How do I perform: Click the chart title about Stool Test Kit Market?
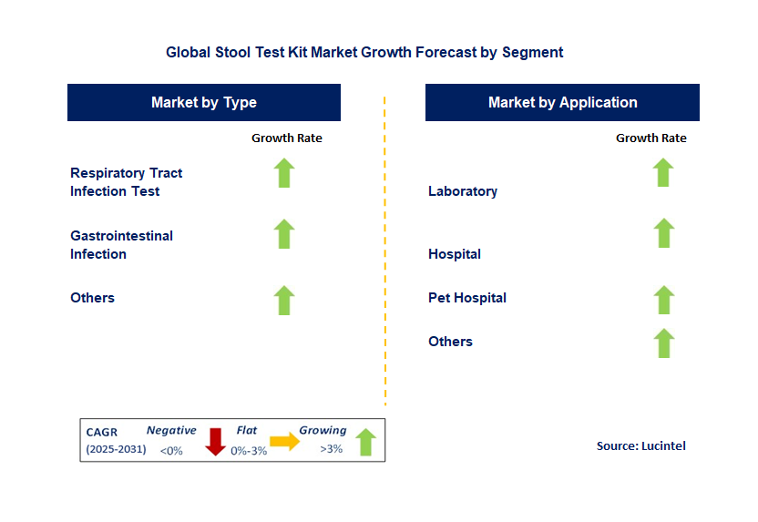pos(364,52)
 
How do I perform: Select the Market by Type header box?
pos(204,102)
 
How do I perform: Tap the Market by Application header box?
pos(562,102)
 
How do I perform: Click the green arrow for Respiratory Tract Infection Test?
pos(284,172)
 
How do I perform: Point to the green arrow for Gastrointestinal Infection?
pos(284,234)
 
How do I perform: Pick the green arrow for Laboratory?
pos(663,172)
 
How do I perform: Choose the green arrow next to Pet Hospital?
pos(664,300)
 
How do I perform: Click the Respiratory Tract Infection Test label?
pos(126,182)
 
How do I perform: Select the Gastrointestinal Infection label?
pos(121,245)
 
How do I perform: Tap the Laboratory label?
pos(463,191)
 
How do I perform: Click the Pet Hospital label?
pos(467,298)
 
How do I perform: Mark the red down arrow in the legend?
pos(216,442)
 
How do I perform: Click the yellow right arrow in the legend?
pos(285,441)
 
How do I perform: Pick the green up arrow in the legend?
pos(366,442)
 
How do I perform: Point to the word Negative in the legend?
pos(171,430)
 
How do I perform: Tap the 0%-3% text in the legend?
pos(249,451)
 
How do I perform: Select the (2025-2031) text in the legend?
pos(116,449)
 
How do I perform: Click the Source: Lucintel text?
pos(641,445)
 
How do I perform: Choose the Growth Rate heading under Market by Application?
pos(651,138)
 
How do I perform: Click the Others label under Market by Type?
pos(92,298)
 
